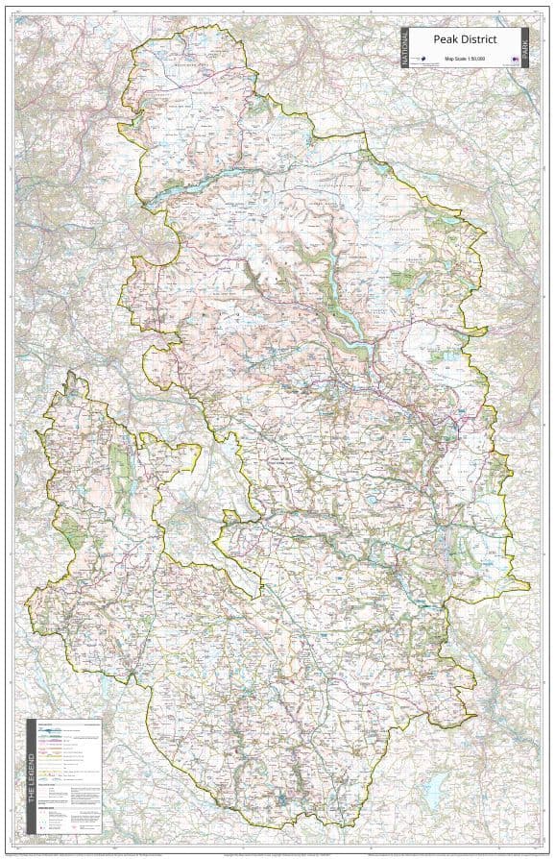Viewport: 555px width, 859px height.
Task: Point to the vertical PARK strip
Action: [526, 47]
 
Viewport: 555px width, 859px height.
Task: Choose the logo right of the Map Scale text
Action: [515, 60]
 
